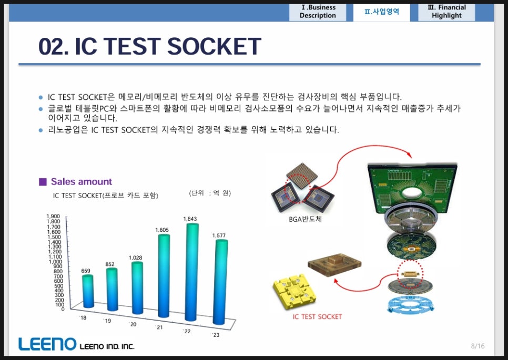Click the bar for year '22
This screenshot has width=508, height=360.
coord(192,272)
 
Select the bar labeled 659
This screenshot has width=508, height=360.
coord(88,291)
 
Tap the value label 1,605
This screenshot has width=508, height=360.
coord(162,230)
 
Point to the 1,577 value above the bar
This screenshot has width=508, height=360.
coord(219,235)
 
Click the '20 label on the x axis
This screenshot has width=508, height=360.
coord(133,324)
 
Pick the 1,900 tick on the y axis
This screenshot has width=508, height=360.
coord(53,216)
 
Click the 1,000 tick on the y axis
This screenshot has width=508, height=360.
coord(55,262)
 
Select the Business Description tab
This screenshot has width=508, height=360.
coord(318,12)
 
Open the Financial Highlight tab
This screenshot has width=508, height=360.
coord(446,12)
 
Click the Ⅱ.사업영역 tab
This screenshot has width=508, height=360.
coord(382,12)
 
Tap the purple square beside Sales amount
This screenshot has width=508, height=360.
coord(43,182)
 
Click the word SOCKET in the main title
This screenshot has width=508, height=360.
coord(214,46)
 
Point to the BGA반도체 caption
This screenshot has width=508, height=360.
coord(305,219)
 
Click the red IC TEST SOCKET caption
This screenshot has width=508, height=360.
coord(317,316)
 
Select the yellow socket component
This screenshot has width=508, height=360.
coord(294,291)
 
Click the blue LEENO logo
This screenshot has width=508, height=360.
coord(47,344)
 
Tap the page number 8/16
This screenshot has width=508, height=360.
coord(478,346)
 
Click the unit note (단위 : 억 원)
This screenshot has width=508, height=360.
coord(210,193)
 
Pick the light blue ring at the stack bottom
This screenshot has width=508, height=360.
coord(410,305)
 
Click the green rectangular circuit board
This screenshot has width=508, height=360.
coord(412,186)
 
